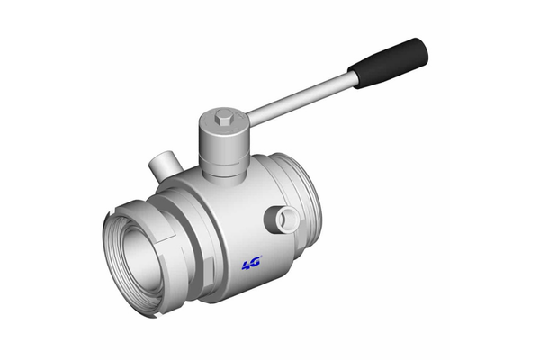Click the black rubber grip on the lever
pyautogui.click(x=389, y=62)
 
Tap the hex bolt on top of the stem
pyautogui.click(x=223, y=117)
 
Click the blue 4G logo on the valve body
pyautogui.click(x=251, y=264)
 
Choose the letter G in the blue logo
pyautogui.click(x=256, y=264)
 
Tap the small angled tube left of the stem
pyautogui.click(x=163, y=166)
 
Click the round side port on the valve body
pyautogui.click(x=286, y=218)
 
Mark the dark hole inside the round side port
pyautogui.click(x=288, y=219)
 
